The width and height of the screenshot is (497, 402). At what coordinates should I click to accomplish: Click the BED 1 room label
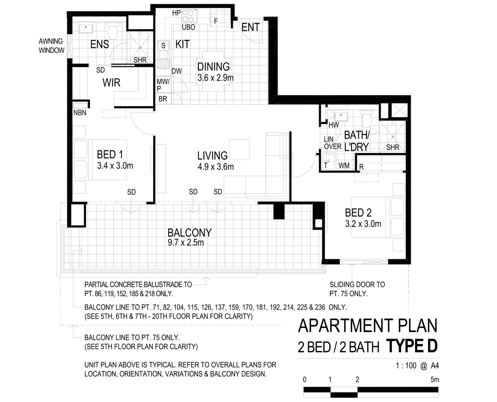pos(110,154)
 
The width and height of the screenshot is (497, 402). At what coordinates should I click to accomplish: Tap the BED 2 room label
pos(358,213)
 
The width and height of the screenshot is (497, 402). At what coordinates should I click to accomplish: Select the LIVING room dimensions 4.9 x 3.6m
pos(216,167)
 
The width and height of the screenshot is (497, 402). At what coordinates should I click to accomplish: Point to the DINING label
pos(213,67)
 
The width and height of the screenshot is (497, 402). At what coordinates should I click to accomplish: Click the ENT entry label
pos(250,27)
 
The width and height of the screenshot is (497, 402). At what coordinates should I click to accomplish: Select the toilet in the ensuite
pos(112,30)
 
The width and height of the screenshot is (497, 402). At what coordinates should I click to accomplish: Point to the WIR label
pos(111,82)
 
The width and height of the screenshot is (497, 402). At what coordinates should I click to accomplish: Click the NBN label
pos(80,113)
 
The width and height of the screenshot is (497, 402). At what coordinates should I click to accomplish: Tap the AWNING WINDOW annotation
pos(51,46)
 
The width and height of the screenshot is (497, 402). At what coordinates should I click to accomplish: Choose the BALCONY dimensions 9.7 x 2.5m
pos(185,243)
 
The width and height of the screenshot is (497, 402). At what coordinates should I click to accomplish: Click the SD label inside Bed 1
pos(131,192)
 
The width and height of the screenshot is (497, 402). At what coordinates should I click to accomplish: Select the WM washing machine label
pos(344,165)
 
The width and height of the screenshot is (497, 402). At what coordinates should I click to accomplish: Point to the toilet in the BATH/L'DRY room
pos(367,118)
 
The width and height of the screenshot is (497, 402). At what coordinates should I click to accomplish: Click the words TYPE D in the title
pos(412,346)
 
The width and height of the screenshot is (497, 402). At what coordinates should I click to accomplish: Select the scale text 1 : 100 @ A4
pos(417,366)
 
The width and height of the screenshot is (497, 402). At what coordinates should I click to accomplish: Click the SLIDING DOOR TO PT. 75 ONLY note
pos(357,289)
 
